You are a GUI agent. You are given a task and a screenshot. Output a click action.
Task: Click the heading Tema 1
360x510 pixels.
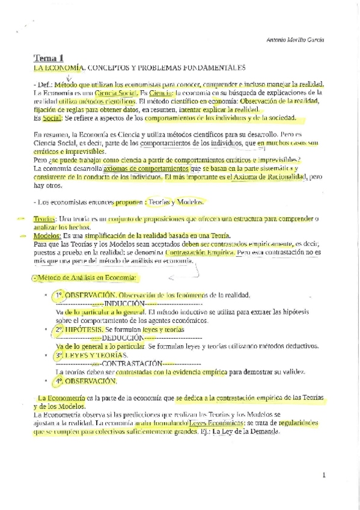(48, 58)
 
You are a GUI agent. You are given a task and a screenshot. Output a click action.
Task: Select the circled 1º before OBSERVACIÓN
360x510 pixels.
(58, 295)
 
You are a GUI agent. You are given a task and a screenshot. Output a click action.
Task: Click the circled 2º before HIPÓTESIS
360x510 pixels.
(58, 330)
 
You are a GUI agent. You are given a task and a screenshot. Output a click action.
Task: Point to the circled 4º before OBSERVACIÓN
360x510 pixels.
(58, 381)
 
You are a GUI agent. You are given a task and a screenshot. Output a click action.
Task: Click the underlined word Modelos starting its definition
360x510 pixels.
(46, 236)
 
